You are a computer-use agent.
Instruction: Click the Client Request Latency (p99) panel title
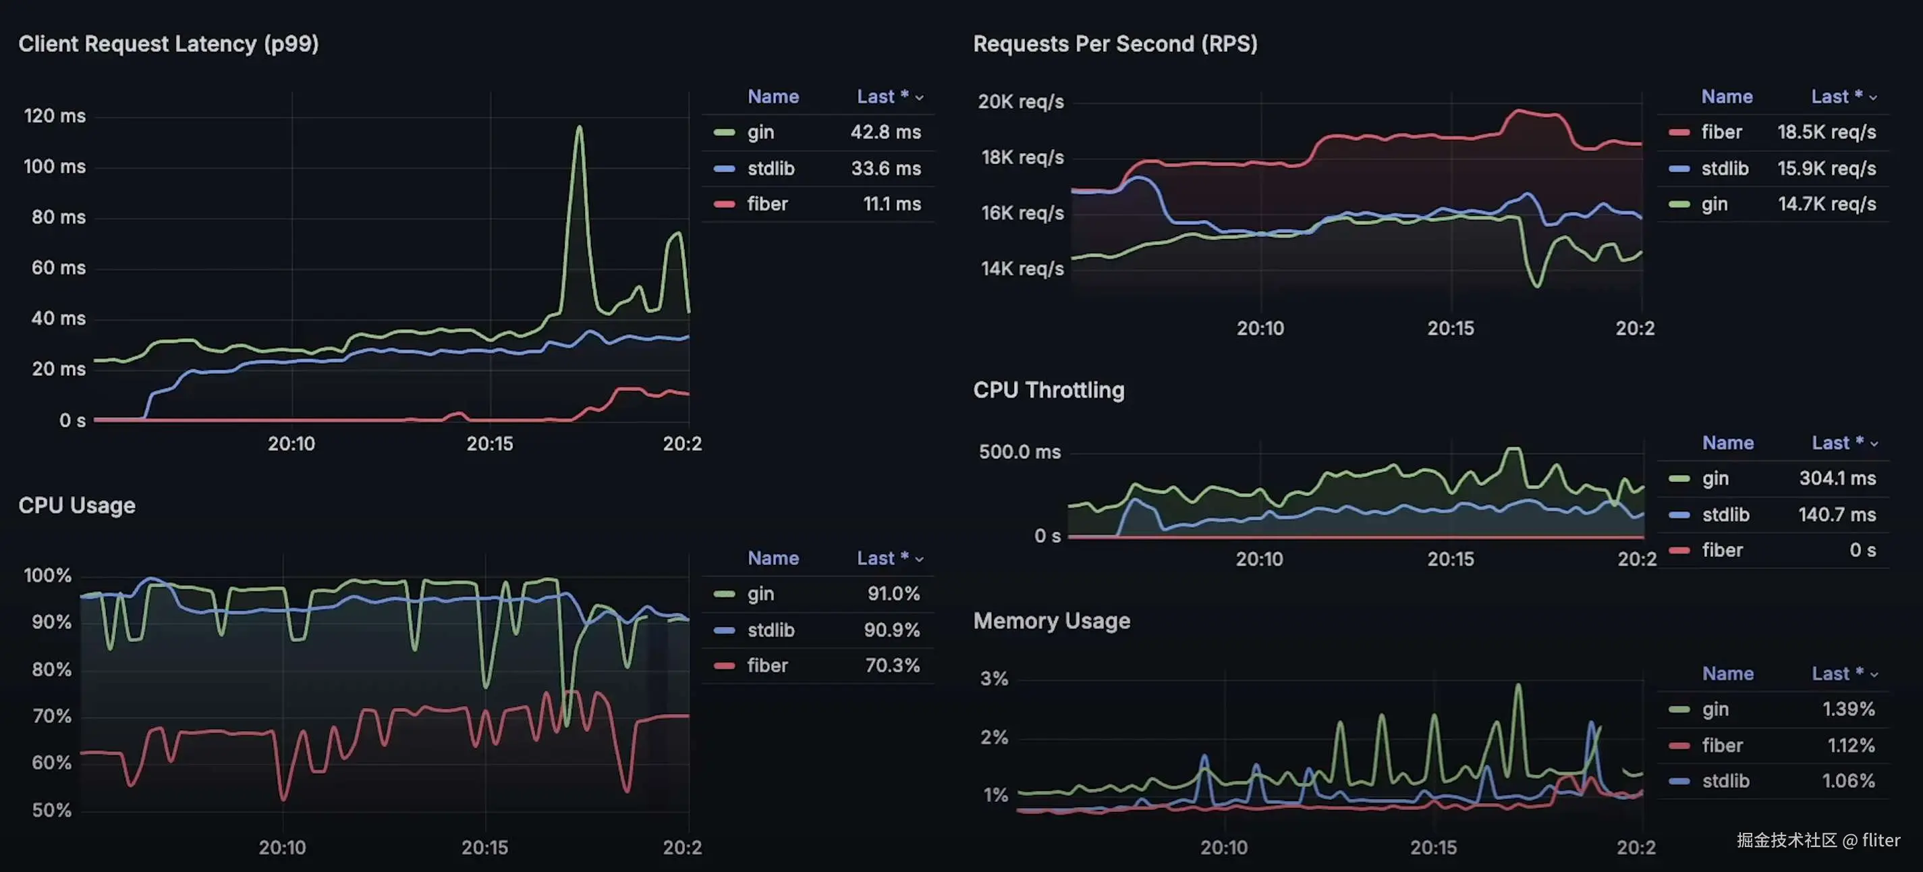168,44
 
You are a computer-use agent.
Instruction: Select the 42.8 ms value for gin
885,132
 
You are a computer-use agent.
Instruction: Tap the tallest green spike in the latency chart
580,128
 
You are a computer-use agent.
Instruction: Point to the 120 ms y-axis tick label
55,115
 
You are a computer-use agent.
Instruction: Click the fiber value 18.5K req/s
1826,132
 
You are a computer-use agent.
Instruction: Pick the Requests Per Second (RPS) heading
1115,44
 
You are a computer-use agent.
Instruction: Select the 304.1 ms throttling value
1837,478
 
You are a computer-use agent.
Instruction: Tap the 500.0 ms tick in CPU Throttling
1019,452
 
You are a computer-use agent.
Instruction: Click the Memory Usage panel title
1051,620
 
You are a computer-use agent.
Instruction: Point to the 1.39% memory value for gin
1847,709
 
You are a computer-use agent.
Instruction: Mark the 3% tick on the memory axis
994,679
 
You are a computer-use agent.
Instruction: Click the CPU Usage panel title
77,506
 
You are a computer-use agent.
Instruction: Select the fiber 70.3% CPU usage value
892,665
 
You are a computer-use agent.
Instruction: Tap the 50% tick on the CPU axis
51,810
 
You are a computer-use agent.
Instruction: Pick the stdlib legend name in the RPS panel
1725,168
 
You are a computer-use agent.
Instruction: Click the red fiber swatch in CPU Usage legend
724,665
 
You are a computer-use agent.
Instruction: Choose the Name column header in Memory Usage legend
1727,674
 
